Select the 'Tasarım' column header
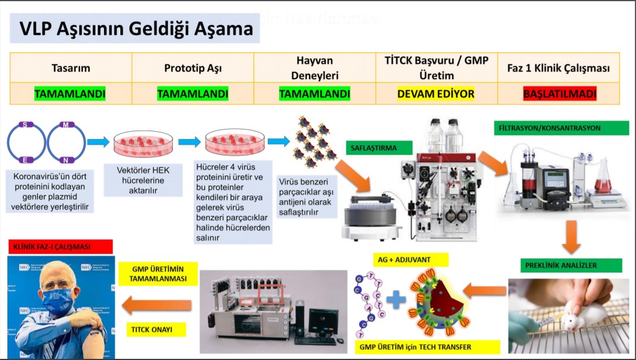click(71, 68)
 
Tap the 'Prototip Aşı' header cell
click(193, 68)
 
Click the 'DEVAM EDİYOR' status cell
click(435, 93)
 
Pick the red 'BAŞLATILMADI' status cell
click(559, 93)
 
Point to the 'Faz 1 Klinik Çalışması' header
click(559, 68)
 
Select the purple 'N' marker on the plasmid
click(66, 160)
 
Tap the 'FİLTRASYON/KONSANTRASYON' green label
click(561, 128)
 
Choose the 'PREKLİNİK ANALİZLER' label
click(570, 265)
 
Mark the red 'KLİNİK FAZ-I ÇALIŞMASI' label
click(60, 246)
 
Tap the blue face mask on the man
click(58, 300)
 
